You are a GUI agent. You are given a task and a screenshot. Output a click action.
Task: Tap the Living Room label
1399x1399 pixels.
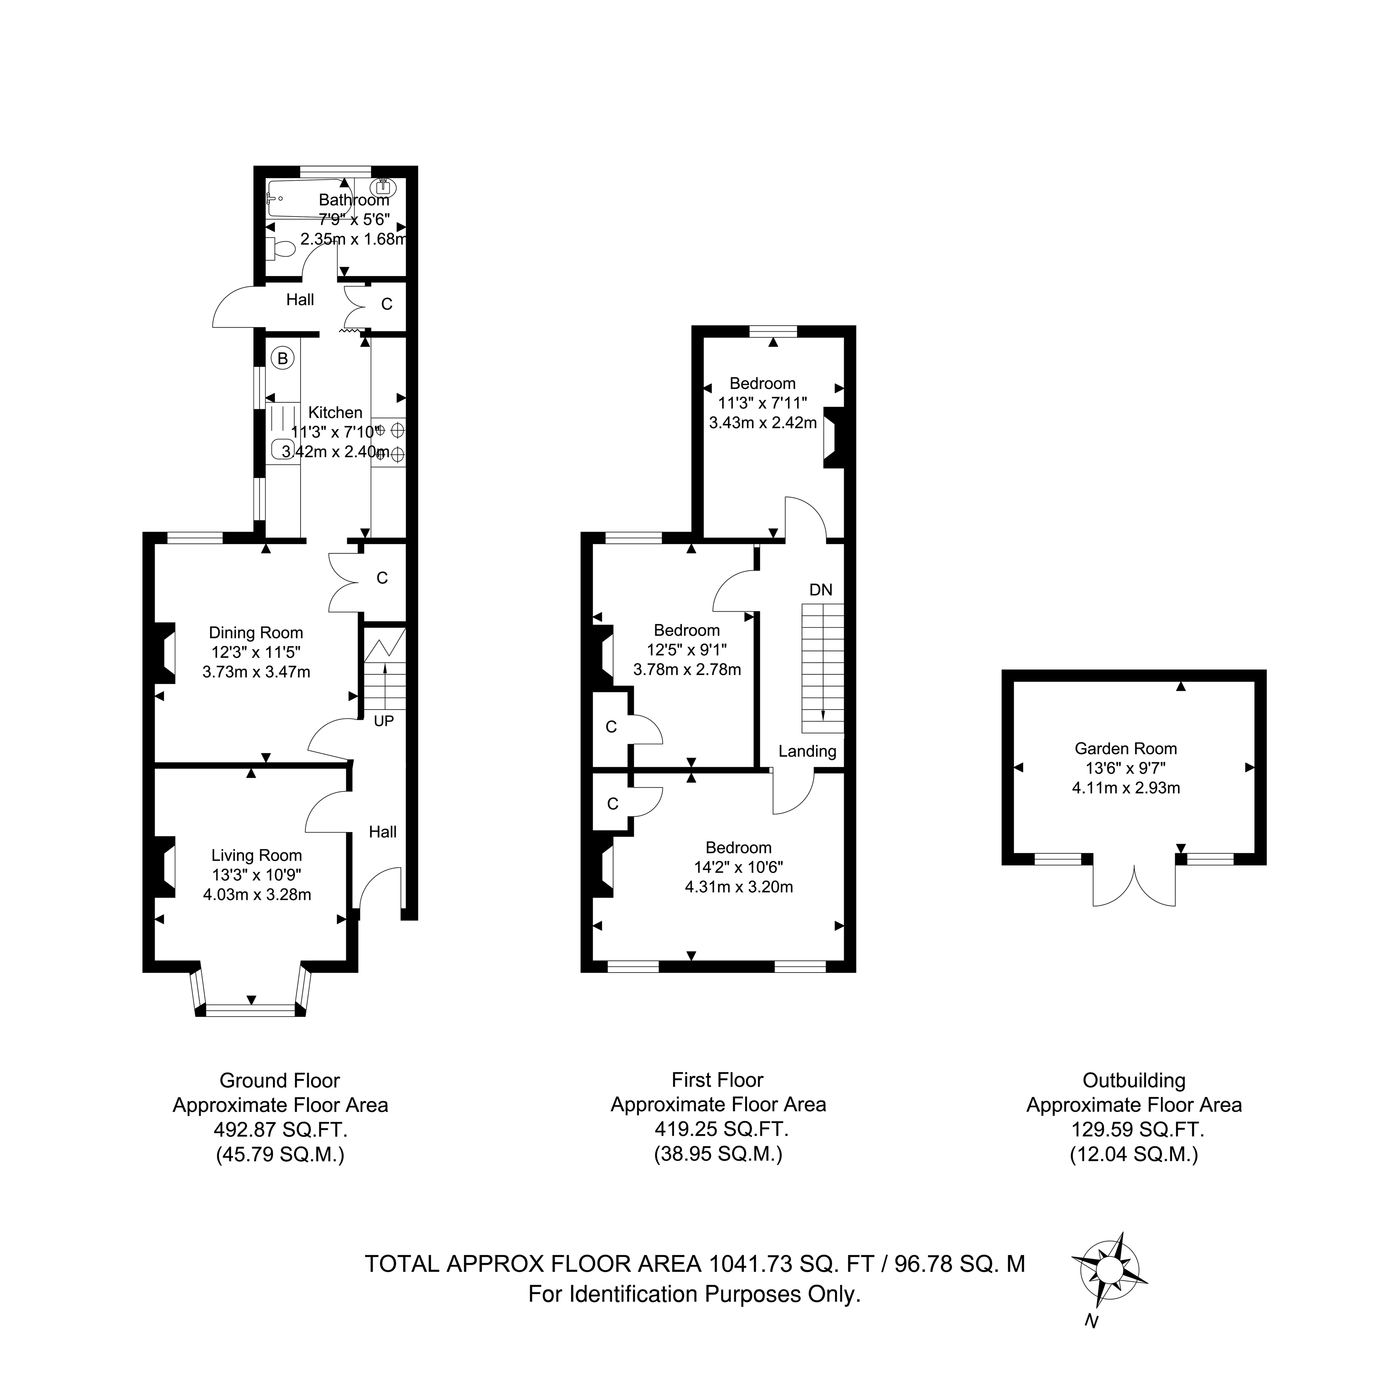256,855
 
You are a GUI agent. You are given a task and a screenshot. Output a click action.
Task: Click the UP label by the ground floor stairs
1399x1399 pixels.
384,721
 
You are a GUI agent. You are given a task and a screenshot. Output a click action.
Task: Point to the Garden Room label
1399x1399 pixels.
1126,749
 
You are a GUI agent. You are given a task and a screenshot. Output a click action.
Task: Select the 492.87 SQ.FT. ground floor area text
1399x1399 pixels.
280,1130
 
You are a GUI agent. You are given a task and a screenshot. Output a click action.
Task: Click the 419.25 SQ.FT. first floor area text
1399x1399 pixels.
718,1129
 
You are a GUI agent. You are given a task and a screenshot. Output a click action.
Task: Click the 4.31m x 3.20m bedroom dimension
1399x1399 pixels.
739,887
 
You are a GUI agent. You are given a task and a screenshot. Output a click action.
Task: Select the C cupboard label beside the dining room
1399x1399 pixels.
382,578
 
